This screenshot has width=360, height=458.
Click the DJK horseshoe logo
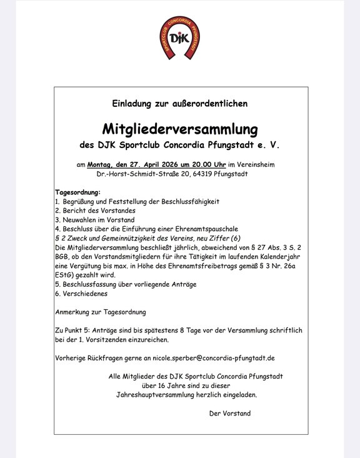pos(181,38)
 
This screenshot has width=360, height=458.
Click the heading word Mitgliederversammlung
pos(180,129)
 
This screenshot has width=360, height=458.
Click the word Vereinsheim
pos(255,164)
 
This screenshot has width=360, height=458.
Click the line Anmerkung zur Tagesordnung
pos(101,311)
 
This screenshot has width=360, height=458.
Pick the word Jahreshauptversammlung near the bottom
pos(155,395)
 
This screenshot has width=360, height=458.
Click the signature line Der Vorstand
pos(230,414)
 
